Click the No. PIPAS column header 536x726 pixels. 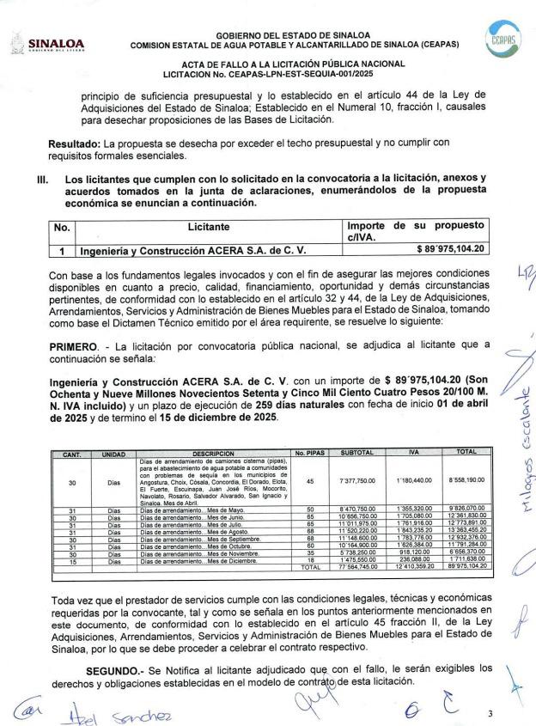pyautogui.click(x=311, y=453)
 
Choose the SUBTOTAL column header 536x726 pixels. pyautogui.click(x=356, y=453)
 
